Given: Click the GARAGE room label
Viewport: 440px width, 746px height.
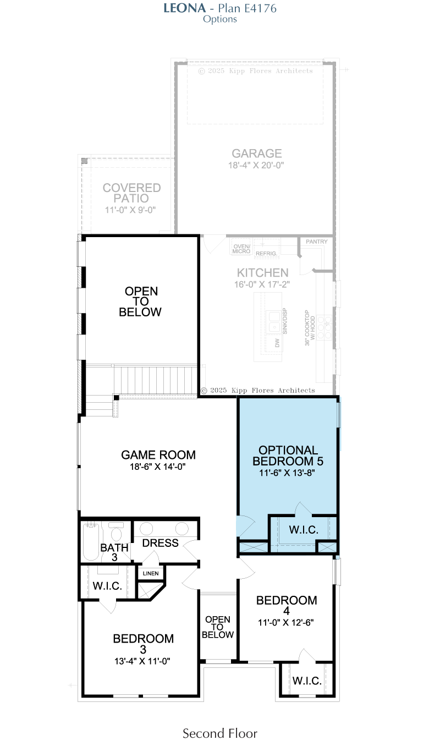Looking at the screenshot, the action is click(x=257, y=153).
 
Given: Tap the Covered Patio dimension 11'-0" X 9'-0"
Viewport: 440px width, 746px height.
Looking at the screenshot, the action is click(x=130, y=210).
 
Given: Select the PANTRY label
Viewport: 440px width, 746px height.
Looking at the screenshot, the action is click(x=316, y=242).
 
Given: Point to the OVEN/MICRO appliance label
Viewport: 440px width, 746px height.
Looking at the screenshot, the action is click(x=241, y=249).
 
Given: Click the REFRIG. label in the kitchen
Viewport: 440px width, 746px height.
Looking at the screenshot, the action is click(x=266, y=254).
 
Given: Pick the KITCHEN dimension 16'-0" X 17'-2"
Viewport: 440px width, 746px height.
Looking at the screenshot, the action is click(x=262, y=284).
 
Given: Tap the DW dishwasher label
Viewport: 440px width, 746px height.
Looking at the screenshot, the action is click(x=277, y=343).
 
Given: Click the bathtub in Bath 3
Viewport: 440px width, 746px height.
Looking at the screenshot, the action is click(x=91, y=541).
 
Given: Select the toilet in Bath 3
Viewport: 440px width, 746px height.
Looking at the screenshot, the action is click(x=116, y=532).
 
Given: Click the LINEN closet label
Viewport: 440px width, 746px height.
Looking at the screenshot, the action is click(x=151, y=573).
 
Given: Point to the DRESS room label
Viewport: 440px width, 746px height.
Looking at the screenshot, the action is click(x=160, y=543).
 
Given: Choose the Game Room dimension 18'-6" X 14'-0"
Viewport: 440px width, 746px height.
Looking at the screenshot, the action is click(x=158, y=467).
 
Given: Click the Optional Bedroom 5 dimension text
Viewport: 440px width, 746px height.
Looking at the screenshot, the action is click(x=287, y=473).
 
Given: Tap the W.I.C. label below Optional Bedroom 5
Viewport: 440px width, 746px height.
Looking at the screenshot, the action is click(x=304, y=530).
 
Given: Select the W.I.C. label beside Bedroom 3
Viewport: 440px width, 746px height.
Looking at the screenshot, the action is click(x=107, y=586).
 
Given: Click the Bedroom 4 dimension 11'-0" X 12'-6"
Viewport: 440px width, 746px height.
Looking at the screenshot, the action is click(x=286, y=622).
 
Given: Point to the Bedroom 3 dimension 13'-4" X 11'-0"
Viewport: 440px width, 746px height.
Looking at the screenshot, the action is click(x=142, y=661).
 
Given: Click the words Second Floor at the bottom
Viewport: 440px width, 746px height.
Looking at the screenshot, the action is click(x=220, y=733).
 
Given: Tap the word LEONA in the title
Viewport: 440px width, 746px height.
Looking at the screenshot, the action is click(x=184, y=8).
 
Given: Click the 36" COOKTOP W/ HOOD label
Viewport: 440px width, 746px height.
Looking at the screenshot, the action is click(x=310, y=328).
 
